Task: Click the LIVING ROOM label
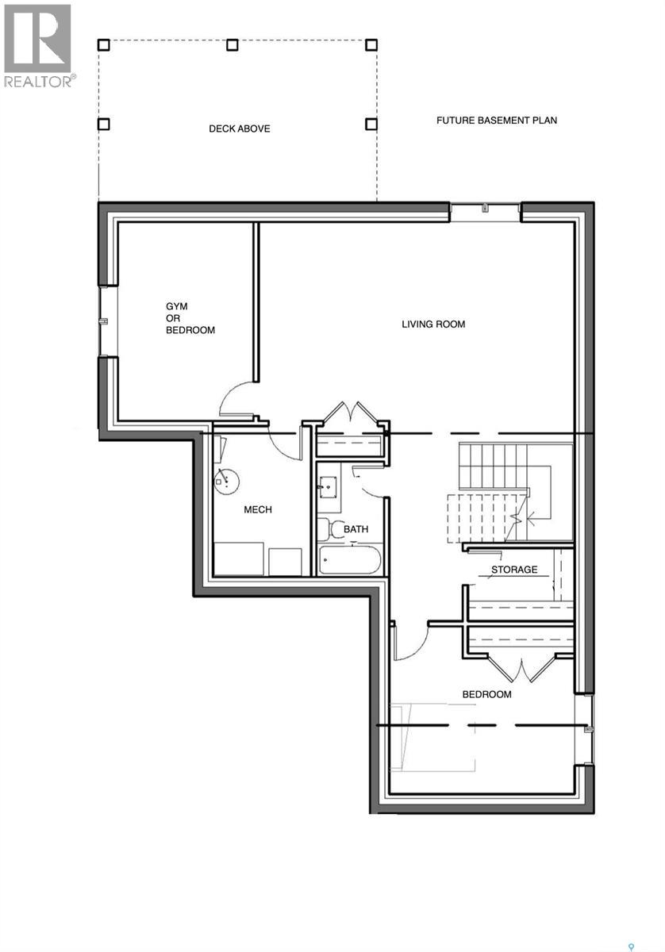[x=433, y=324]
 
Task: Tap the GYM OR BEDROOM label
[x=190, y=318]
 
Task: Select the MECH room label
[x=257, y=509]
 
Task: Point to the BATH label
[x=356, y=529]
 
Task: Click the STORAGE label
[x=513, y=570]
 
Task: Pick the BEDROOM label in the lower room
[x=486, y=694]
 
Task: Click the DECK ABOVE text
[x=239, y=129]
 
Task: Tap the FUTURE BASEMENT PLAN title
[x=497, y=121]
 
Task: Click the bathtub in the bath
[x=350, y=560]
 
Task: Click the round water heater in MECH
[x=228, y=479]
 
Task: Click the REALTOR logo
[x=38, y=45]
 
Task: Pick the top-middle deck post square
[x=233, y=45]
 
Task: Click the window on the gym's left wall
[x=103, y=321]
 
